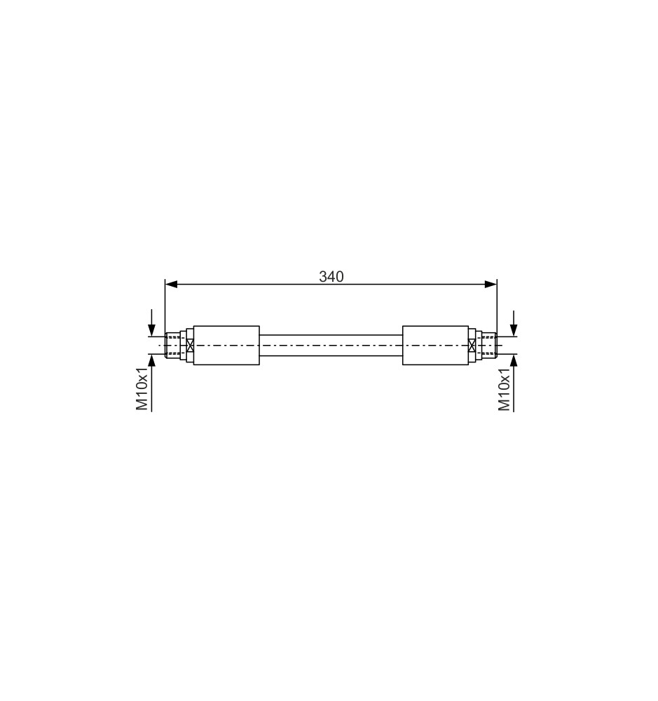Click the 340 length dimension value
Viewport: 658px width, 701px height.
pos(331,277)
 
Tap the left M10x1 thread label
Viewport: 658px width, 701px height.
pos(142,390)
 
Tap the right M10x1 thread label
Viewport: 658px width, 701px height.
pos(505,390)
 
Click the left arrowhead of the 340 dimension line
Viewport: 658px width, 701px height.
pos(171,284)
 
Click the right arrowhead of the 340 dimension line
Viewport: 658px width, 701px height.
pos(491,284)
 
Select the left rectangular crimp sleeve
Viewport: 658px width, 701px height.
pos(226,345)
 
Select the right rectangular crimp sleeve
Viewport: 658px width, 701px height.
pos(435,345)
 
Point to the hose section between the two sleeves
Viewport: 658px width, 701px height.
pos(331,345)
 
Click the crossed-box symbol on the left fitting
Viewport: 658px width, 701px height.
pos(190,345)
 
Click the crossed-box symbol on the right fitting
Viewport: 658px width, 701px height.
pos(472,345)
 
